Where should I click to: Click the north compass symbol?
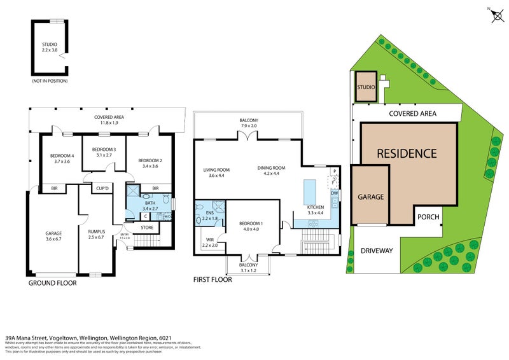pos(496,15)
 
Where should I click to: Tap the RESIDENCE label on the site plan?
pos(407,153)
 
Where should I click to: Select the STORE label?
pos(147,226)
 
